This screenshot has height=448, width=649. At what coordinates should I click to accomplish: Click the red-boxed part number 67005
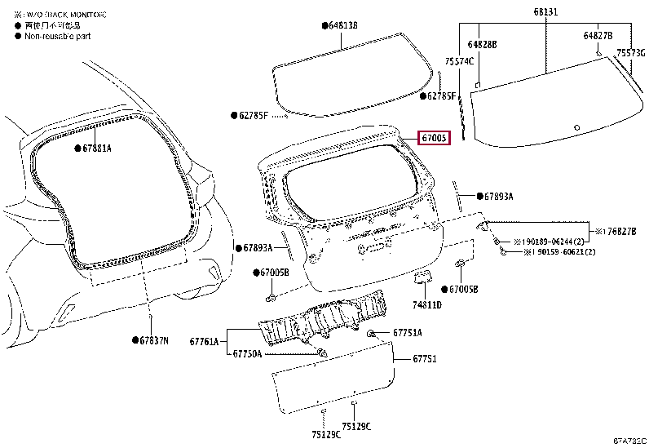pyautogui.click(x=433, y=139)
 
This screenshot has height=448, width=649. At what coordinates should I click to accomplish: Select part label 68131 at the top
pyautogui.click(x=545, y=12)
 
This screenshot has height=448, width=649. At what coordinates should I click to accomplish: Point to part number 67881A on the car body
pyautogui.click(x=97, y=149)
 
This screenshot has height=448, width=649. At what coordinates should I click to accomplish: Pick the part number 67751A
pyautogui.click(x=407, y=333)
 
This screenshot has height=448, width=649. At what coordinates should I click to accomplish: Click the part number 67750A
pyautogui.click(x=247, y=353)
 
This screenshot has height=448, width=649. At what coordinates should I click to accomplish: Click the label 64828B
pyautogui.click(x=482, y=44)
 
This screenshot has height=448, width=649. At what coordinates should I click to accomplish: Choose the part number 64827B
pyautogui.click(x=598, y=36)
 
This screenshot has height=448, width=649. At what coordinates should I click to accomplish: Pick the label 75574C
pyautogui.click(x=459, y=61)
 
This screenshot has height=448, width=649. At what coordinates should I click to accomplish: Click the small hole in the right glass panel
pyautogui.click(x=576, y=127)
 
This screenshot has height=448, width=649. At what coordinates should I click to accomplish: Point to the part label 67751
pyautogui.click(x=425, y=358)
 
